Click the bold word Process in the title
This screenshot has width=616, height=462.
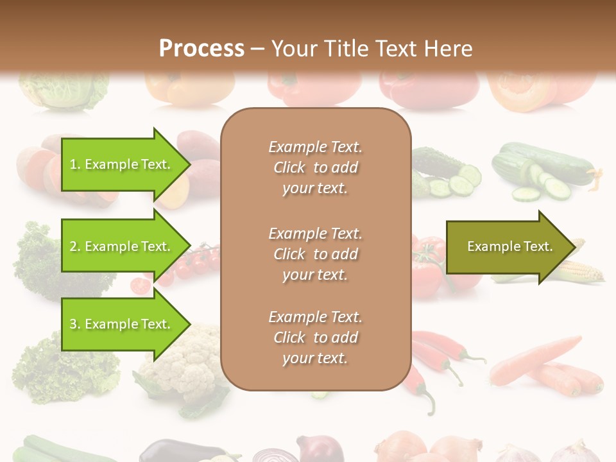(201, 49)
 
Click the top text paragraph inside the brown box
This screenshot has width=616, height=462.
(315, 167)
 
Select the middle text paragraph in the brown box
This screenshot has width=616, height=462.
(315, 253)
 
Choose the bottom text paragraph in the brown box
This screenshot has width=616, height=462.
(315, 338)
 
